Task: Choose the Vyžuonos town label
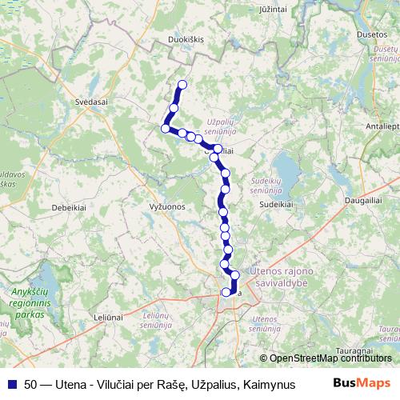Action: pos(167,206)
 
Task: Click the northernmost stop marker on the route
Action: pos(182,85)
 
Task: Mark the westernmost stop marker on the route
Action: pos(166,128)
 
